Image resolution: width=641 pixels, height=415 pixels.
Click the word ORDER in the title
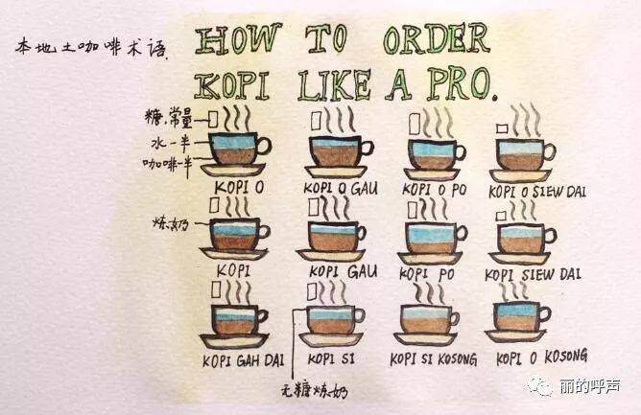437,39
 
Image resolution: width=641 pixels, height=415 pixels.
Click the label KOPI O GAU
341,188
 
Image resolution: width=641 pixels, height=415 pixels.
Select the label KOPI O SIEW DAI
537,192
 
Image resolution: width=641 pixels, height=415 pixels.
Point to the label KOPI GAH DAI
243,360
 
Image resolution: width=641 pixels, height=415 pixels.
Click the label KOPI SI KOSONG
434,359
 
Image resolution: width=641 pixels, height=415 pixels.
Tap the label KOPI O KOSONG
541,357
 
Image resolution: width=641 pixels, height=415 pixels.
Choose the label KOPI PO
427,274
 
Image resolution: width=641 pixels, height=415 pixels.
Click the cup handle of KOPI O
264,147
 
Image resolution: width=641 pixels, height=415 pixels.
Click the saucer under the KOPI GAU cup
331,255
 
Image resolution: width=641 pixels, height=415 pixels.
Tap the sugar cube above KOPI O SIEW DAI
502,129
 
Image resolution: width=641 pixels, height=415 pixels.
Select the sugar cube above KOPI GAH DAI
216,289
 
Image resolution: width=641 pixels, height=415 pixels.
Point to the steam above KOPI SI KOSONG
429,293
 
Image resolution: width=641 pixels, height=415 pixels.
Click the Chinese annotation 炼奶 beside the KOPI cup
171,224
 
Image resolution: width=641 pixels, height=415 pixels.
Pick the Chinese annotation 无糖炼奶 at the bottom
315,392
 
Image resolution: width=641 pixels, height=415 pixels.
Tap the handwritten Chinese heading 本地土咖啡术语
91,48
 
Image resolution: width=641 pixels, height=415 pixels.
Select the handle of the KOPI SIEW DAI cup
550,236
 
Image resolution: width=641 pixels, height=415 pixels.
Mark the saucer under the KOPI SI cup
331,338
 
